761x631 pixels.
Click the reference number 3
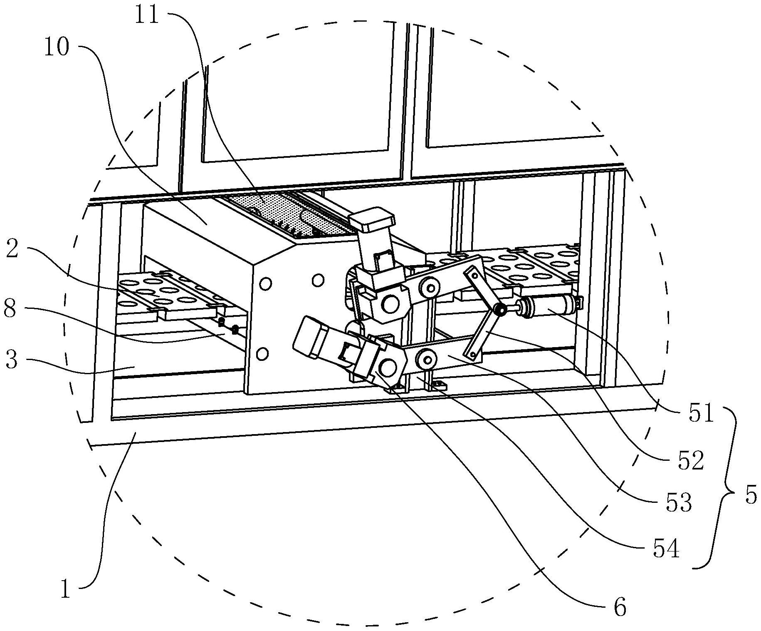[x=11, y=360]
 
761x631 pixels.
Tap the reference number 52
[x=691, y=461]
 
